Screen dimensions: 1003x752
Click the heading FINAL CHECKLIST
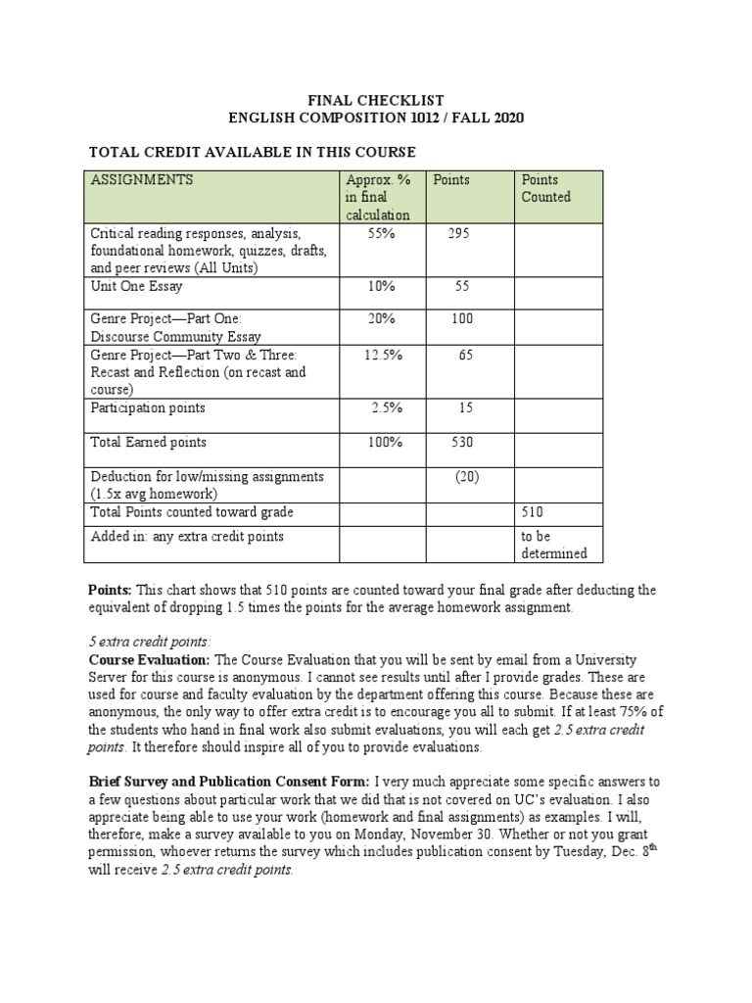376,101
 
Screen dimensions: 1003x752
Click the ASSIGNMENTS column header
142,180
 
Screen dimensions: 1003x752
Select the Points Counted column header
545,188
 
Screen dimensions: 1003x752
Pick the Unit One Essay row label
136,287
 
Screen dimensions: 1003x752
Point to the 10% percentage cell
377,287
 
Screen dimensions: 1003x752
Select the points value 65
465,356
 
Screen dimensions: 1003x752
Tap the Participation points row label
148,407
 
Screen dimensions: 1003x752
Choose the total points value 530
460,443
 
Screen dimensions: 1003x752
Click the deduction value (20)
465,477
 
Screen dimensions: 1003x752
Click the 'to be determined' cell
554,545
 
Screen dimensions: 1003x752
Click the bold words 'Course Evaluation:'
149,661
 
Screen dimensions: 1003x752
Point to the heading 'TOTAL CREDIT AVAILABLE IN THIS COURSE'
253,152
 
